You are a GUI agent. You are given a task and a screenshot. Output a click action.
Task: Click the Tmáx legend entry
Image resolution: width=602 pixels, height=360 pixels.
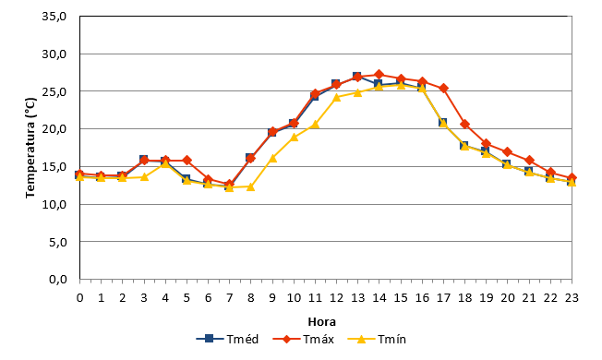tap(303, 340)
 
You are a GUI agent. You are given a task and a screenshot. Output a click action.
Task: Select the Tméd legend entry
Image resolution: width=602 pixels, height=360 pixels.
tap(227, 340)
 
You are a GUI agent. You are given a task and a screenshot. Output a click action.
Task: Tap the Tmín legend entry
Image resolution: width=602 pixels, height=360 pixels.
tap(377, 340)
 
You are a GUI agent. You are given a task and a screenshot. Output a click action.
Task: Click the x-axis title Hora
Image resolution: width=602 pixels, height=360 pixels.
tap(321, 321)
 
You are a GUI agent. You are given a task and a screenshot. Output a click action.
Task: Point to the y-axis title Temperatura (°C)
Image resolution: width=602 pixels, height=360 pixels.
tap(30, 148)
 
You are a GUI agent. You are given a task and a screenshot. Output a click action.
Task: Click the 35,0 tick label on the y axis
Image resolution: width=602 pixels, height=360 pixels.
tap(54, 17)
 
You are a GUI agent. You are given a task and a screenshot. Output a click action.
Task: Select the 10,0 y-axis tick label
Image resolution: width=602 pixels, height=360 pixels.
tap(54, 204)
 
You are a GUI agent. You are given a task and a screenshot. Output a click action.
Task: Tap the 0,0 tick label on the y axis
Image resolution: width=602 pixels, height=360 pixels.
tap(58, 280)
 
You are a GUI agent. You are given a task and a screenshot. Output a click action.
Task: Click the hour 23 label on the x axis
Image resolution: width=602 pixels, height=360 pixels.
tap(572, 298)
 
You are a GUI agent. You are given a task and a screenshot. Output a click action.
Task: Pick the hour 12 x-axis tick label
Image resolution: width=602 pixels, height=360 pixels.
tap(336, 298)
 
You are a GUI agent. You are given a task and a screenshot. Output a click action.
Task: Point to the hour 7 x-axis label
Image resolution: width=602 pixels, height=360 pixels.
tap(230, 298)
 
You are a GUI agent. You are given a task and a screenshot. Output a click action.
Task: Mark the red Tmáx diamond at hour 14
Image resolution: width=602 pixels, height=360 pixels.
tap(379, 75)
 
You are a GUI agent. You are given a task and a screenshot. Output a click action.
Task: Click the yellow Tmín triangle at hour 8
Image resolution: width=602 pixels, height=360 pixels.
tap(251, 186)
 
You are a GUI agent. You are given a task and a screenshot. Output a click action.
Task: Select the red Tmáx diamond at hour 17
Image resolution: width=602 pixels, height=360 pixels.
tap(443, 89)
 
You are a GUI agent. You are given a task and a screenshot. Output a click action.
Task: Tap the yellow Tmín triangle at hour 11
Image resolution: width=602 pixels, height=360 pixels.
tap(315, 124)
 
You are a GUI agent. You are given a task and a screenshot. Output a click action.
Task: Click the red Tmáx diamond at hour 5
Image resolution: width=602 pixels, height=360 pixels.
tap(187, 160)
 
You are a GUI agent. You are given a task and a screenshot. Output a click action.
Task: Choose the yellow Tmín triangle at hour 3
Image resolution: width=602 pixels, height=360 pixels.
tap(144, 177)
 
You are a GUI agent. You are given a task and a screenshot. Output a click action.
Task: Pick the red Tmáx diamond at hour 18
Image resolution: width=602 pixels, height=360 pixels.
tap(465, 124)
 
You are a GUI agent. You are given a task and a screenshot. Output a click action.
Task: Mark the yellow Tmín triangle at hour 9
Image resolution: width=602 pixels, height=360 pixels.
tap(272, 158)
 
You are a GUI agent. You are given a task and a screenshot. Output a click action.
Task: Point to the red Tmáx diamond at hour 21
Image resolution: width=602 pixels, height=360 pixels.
tap(529, 160)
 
